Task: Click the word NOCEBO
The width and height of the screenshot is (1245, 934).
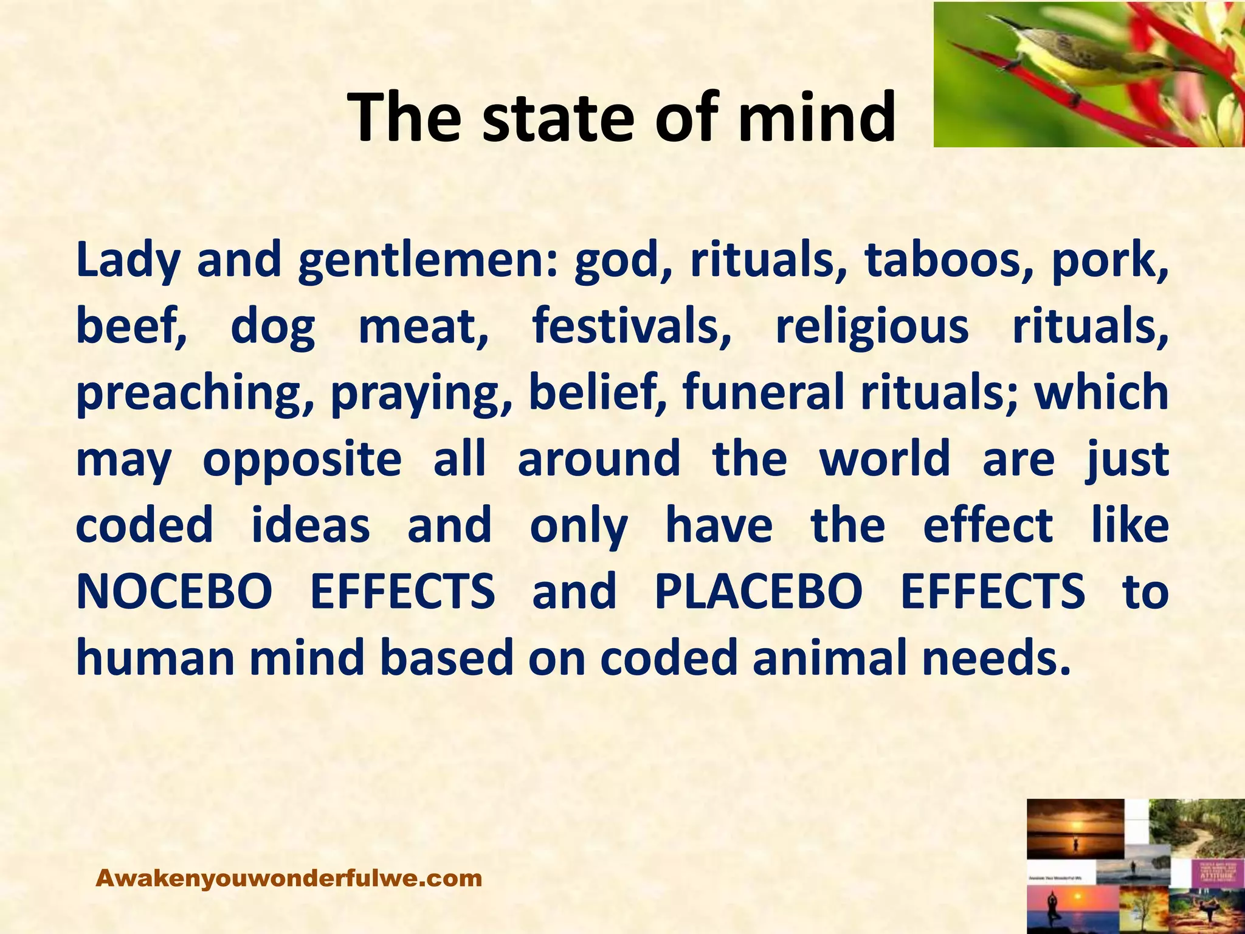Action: pyautogui.click(x=174, y=592)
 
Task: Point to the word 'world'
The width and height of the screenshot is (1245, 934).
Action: pyautogui.click(x=885, y=458)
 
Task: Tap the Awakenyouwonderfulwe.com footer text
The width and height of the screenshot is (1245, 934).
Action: pyautogui.click(x=289, y=878)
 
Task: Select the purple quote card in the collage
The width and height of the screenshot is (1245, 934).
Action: pyautogui.click(x=1215, y=872)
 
